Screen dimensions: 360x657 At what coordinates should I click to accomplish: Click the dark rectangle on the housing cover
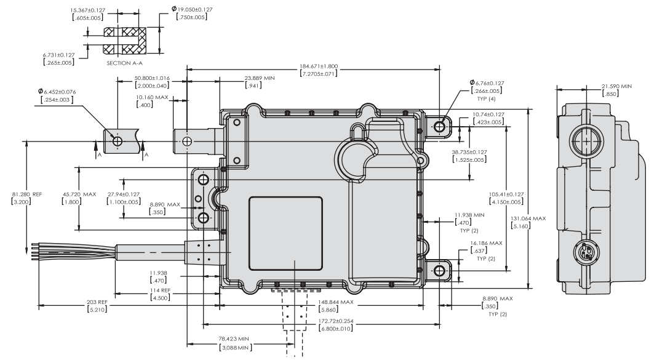pyautogui.click(x=286, y=234)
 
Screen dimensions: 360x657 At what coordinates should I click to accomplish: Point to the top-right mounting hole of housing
pyautogui.click(x=439, y=126)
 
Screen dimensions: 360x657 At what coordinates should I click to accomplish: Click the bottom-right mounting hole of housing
pyautogui.click(x=439, y=271)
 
